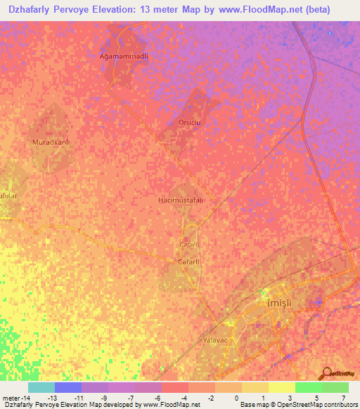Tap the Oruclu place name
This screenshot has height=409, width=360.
coord(188,122)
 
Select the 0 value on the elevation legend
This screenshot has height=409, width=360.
coord(236,397)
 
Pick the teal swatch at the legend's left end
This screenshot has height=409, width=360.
coord(41,387)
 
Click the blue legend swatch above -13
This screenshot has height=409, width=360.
coord(68,387)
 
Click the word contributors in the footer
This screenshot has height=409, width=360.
coord(340,405)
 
